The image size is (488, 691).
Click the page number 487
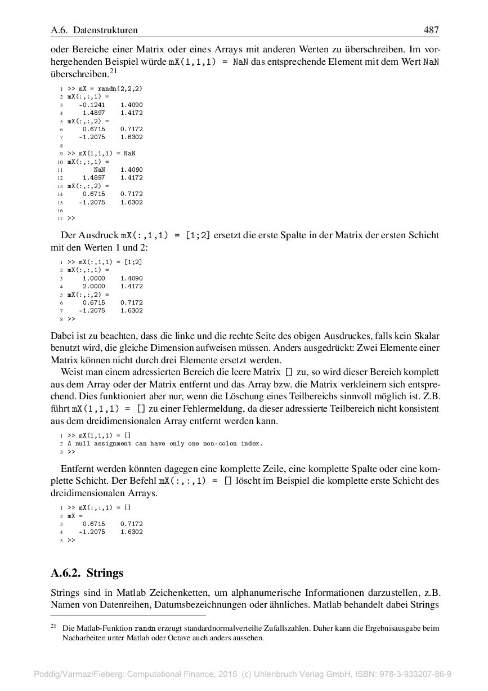point(431,30)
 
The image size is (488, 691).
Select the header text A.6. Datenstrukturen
point(94,30)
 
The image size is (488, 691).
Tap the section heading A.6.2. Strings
point(87,573)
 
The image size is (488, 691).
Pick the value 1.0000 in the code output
point(93,278)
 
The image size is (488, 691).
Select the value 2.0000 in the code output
point(93,286)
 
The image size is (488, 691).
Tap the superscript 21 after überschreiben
point(113,71)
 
